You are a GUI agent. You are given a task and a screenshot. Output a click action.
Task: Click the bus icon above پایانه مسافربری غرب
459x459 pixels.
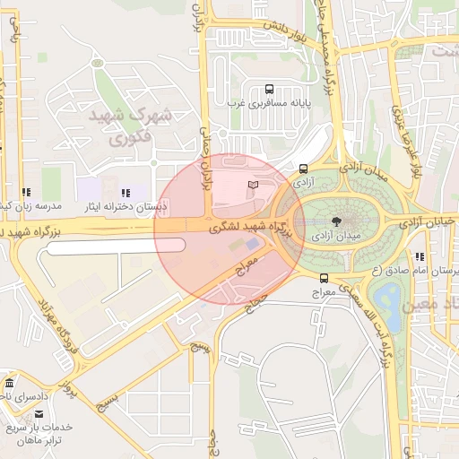[x=270, y=89]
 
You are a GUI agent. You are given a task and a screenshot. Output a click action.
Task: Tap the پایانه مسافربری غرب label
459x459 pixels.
[x=270, y=104]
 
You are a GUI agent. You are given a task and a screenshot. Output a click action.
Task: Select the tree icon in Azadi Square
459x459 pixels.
[x=335, y=221]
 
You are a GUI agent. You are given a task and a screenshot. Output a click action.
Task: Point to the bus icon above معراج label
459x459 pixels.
[x=323, y=278]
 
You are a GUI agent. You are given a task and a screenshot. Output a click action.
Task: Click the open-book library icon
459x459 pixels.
[x=253, y=185]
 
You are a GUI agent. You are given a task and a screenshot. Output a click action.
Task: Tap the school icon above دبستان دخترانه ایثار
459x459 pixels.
[x=125, y=193]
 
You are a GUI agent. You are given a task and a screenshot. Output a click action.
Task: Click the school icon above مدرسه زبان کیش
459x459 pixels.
[x=27, y=192]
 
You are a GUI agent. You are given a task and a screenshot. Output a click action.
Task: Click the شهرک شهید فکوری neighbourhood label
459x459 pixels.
[x=128, y=128]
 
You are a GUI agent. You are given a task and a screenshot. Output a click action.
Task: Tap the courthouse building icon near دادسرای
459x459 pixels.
[x=9, y=383]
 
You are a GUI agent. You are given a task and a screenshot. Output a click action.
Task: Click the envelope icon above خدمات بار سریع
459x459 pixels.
[x=39, y=413]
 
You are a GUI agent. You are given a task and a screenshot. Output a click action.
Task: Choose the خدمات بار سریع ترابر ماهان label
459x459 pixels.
[x=40, y=433]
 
